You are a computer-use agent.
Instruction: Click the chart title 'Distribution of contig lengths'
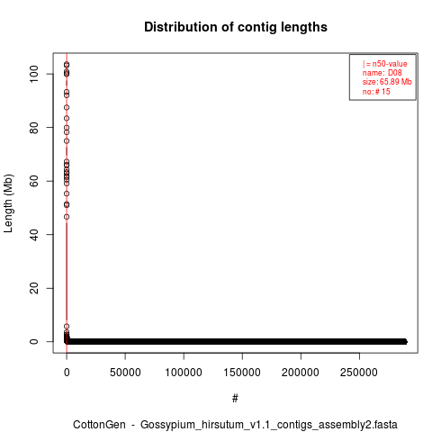[x=236, y=27]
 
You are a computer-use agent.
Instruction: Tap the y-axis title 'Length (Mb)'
[x=8, y=203]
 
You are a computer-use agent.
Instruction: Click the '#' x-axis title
[x=235, y=399]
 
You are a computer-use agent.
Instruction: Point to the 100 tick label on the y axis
[x=34, y=74]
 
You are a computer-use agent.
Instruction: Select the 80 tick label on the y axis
[x=34, y=128]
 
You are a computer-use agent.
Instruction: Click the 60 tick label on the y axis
[x=34, y=181]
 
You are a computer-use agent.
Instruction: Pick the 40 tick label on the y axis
[x=34, y=235]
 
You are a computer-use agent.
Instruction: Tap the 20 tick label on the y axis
[x=34, y=288]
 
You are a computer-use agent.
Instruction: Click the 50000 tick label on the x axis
[x=125, y=373]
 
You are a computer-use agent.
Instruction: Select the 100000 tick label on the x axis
[x=184, y=373]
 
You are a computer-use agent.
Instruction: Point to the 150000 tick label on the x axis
[x=242, y=373]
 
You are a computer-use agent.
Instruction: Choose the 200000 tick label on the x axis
[x=301, y=373]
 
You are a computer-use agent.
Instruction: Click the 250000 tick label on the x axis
[x=359, y=373]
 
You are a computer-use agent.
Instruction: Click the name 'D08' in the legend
[x=395, y=73]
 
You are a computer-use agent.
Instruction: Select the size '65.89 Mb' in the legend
[x=396, y=82]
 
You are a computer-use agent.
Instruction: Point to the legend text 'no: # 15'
[x=376, y=92]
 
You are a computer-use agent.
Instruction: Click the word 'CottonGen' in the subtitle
[x=99, y=425]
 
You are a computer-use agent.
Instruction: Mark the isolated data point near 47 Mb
[x=67, y=217]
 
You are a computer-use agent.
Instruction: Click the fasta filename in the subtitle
[x=269, y=425]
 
